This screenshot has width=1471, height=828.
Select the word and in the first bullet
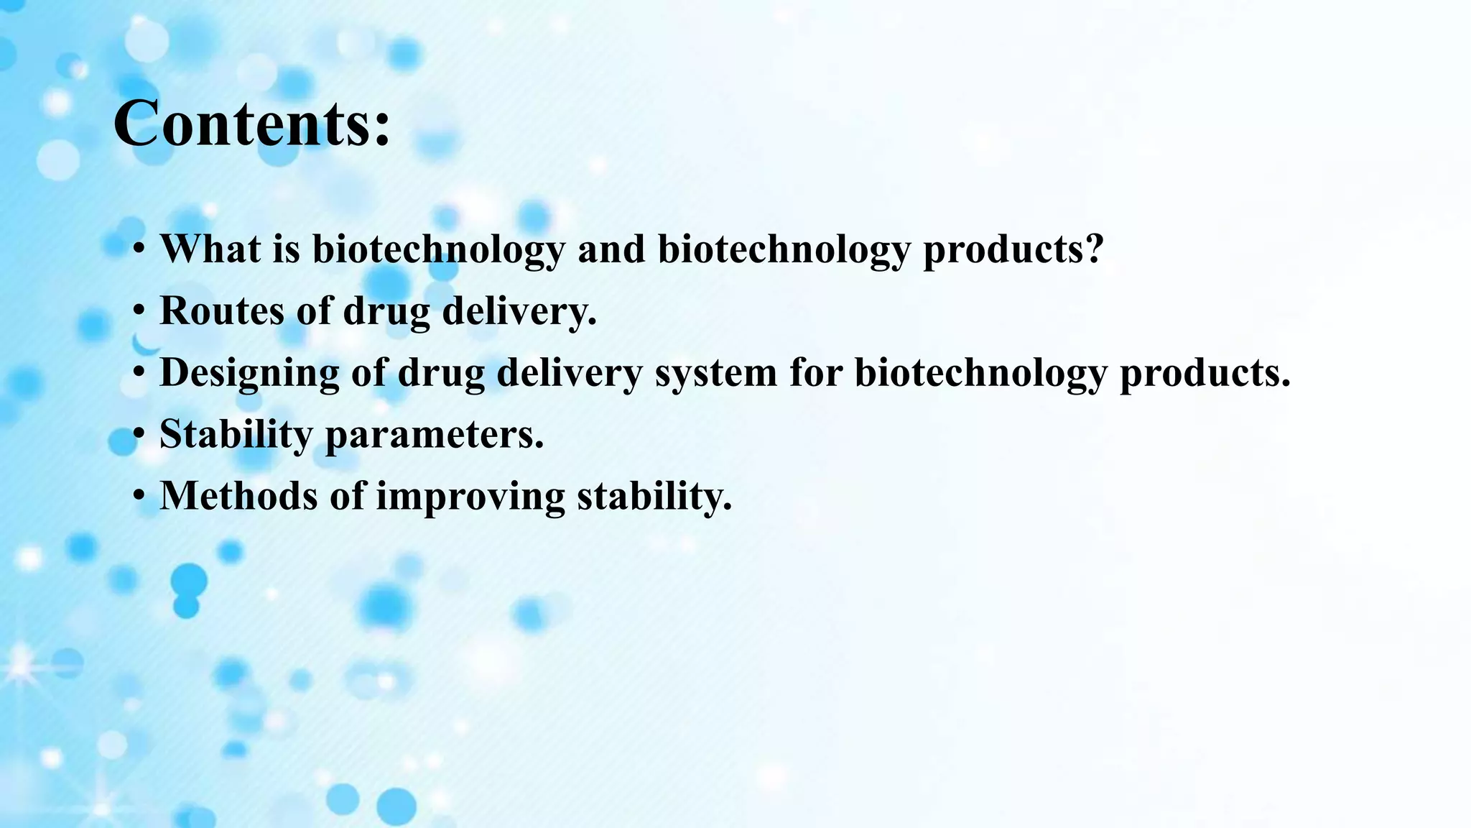tap(611, 249)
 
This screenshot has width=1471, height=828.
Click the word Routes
tap(221, 310)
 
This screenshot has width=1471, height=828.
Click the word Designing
tap(249, 374)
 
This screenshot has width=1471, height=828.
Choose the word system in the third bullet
tap(715, 374)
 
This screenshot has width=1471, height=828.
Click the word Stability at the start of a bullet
tap(236, 435)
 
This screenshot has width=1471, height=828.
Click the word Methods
tap(238, 496)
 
